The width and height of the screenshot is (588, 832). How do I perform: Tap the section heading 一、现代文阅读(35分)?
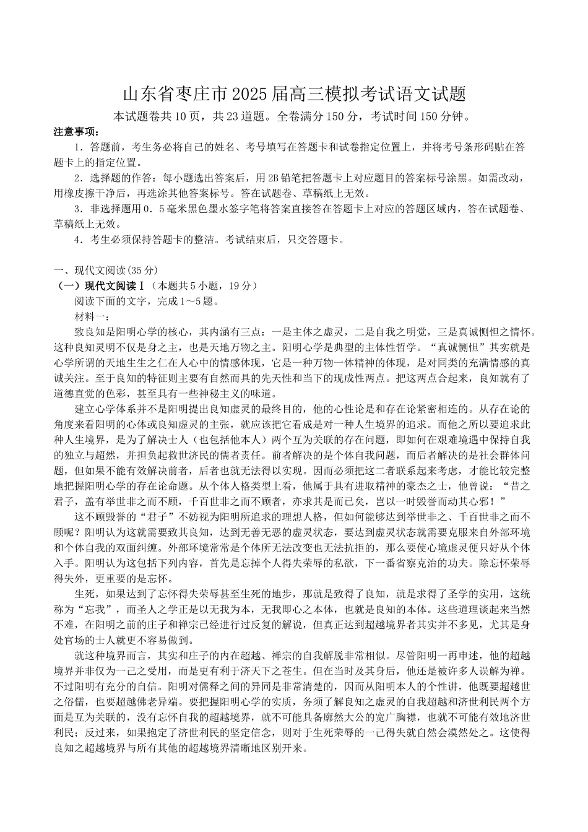(106, 270)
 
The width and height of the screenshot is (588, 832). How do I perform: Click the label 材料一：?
(93, 317)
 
